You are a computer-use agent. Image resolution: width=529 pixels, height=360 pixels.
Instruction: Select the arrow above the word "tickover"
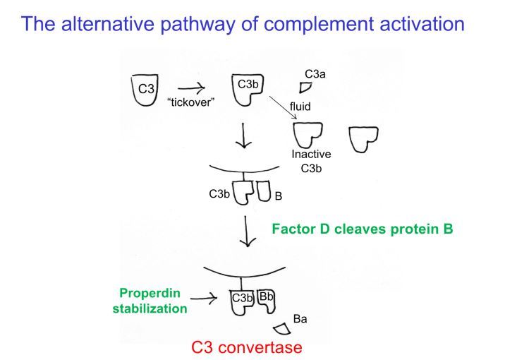(189, 88)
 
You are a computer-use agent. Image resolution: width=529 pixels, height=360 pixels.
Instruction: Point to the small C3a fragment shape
(305, 88)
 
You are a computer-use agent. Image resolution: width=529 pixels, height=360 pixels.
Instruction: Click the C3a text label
(315, 73)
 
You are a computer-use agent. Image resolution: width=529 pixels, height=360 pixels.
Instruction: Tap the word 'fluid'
(300, 107)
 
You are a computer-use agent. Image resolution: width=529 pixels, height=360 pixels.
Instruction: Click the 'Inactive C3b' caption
(311, 160)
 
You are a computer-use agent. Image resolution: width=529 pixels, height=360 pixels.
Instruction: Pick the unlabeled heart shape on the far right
(363, 138)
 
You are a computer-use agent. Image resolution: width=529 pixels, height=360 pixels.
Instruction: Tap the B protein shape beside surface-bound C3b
(263, 191)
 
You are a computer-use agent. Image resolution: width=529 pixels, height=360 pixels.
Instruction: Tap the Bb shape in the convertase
(267, 302)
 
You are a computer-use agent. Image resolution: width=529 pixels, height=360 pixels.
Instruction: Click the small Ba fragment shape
(283, 328)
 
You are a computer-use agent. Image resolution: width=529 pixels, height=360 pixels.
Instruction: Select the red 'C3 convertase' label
(247, 347)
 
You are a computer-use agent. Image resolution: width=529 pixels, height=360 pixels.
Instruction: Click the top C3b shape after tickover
(247, 90)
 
